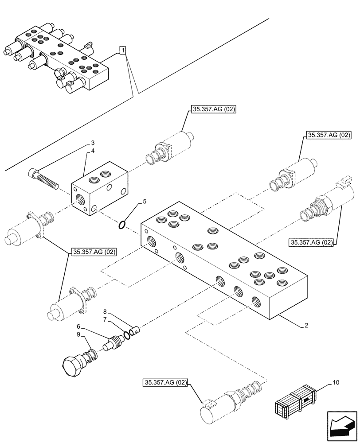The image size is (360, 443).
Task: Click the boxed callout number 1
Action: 122,52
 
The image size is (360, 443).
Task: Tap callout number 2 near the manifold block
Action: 306,326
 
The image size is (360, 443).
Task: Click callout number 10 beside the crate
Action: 333,381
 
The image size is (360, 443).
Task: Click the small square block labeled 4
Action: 100,194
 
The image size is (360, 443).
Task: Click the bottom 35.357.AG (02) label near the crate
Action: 165,383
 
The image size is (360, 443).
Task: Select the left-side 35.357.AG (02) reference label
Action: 94,253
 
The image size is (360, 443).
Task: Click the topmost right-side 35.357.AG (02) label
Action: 328,135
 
